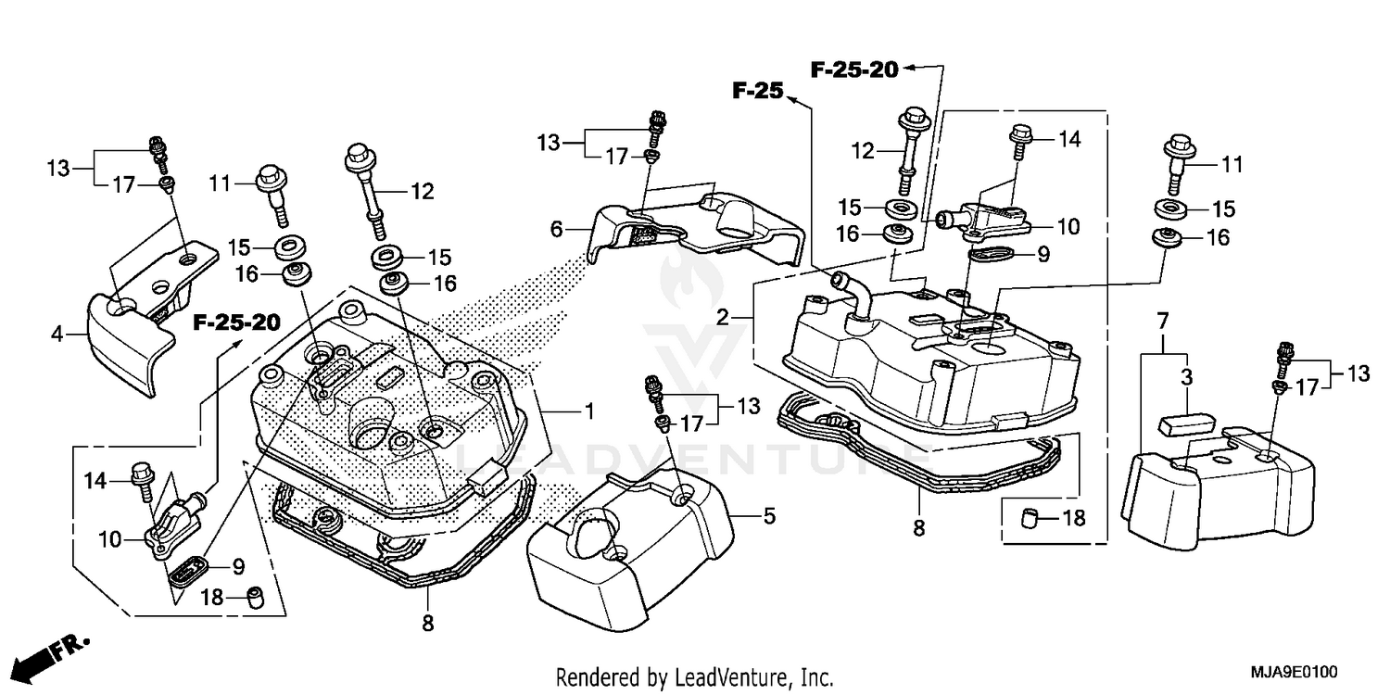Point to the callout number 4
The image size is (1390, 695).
57,334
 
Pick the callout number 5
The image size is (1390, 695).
769,515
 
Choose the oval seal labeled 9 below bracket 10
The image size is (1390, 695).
990,254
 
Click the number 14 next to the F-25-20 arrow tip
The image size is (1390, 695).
1070,139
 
